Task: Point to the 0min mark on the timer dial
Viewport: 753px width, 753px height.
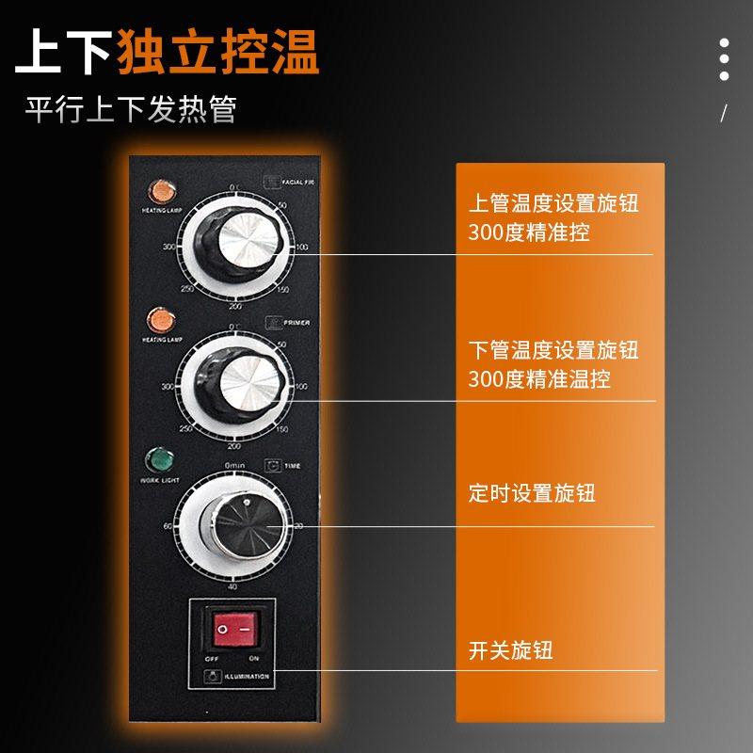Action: (x=234, y=466)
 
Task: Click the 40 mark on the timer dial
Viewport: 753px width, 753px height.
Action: (x=232, y=586)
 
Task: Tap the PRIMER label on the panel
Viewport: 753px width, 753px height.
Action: (x=296, y=323)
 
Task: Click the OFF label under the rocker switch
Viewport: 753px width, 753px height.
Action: (x=212, y=659)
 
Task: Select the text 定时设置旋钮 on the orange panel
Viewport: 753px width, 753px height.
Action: (x=532, y=493)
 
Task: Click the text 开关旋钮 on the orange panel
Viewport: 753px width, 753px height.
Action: (x=510, y=650)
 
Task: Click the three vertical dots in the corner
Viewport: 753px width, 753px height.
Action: (x=724, y=59)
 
